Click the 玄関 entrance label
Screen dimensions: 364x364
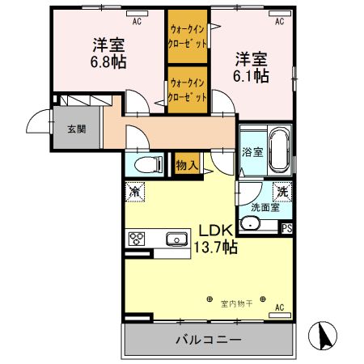pyautogui.click(x=76, y=129)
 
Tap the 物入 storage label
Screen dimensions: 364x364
pyautogui.click(x=187, y=165)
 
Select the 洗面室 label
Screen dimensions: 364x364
pyautogui.click(x=265, y=207)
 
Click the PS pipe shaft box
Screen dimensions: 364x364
pyautogui.click(x=286, y=228)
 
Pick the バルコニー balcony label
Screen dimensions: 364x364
pyautogui.click(x=208, y=340)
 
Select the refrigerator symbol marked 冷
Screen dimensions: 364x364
pyautogui.click(x=135, y=193)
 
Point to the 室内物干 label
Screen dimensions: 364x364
pyautogui.click(x=237, y=303)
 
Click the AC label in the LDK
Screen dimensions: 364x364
pyautogui.click(x=279, y=308)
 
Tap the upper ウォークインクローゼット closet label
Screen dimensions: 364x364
pyautogui.click(x=188, y=36)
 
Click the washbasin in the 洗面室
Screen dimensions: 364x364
pyautogui.click(x=251, y=223)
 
